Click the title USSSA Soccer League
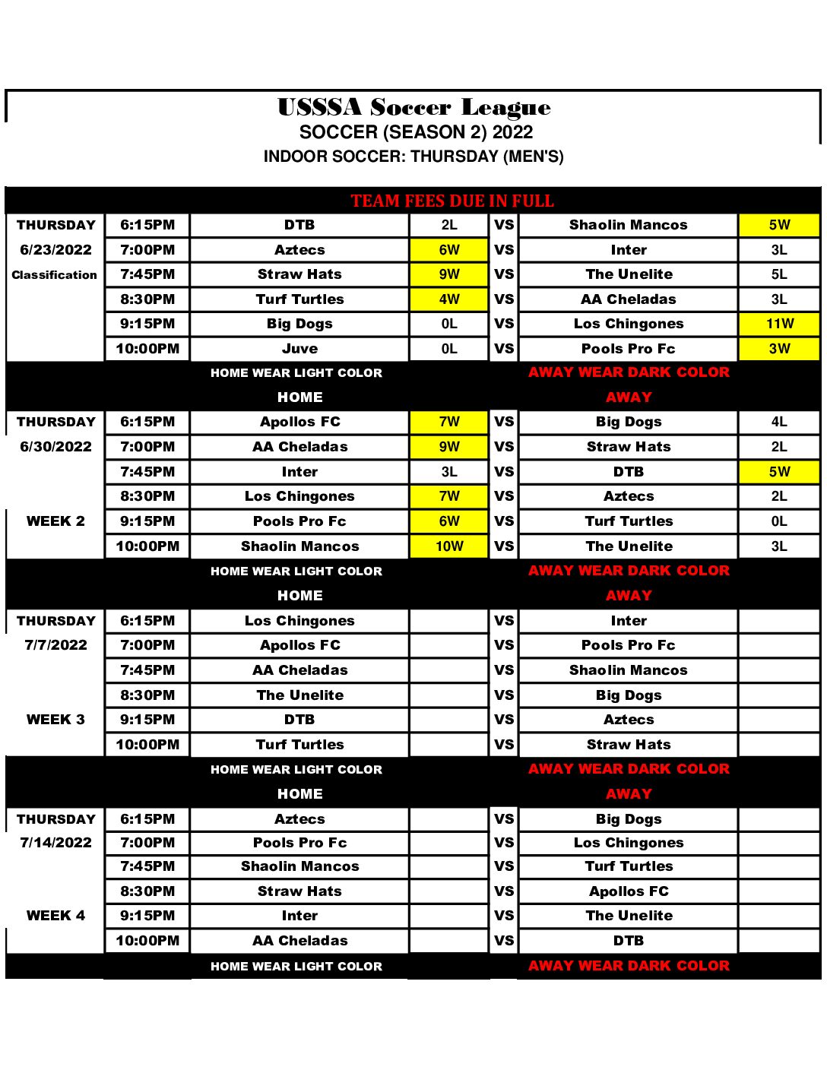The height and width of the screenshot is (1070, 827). click(413, 108)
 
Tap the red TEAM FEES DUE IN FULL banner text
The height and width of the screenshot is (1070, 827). click(452, 201)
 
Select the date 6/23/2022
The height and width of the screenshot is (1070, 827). click(55, 250)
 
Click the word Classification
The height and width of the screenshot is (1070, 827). click(55, 275)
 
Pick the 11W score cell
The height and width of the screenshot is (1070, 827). click(779, 324)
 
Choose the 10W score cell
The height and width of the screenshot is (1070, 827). click(449, 546)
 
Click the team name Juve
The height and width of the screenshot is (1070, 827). click(299, 349)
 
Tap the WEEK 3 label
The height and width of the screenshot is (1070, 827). click(55, 720)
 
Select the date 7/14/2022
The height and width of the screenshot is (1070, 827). click(55, 843)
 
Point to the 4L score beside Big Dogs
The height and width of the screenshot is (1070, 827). click(779, 422)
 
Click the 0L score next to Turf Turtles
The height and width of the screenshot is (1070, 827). click(779, 521)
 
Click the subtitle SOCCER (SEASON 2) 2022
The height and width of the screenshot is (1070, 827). click(416, 132)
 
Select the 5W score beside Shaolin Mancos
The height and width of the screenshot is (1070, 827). click(779, 225)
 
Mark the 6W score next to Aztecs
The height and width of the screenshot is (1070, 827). click(449, 250)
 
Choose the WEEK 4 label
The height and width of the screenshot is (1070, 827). click(55, 916)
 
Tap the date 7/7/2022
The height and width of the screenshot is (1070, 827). click(55, 645)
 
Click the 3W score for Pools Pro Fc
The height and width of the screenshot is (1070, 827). click(779, 349)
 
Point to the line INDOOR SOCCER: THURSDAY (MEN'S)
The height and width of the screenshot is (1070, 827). click(413, 157)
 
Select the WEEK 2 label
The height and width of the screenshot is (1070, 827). click(55, 521)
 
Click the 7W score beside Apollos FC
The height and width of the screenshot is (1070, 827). click(449, 422)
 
